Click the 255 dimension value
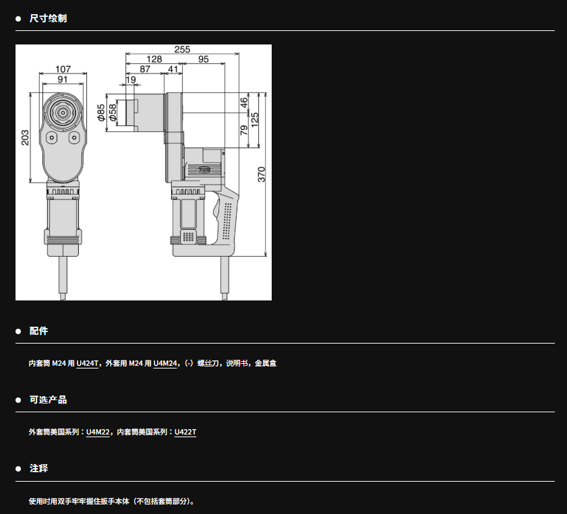coord(182,49)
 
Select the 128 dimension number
coord(154,59)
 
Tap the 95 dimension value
coord(203,59)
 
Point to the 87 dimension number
coord(145,69)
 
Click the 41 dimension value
coord(173,69)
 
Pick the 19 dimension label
coord(131,79)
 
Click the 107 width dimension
coord(63,69)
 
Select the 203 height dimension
coord(25,137)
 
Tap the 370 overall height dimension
coord(262,174)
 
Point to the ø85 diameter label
coord(101,113)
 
